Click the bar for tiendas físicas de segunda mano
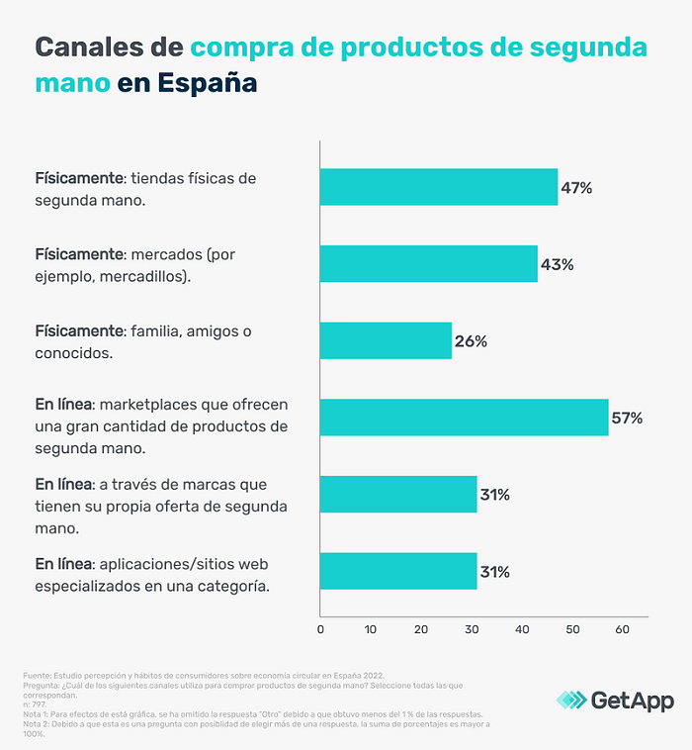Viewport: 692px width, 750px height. coord(438,187)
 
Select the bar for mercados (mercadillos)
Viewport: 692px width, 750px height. coord(428,264)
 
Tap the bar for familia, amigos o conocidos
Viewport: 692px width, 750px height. coord(386,341)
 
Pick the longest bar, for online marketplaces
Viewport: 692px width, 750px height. coord(464,418)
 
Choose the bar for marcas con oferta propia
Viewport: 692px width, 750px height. coord(398,495)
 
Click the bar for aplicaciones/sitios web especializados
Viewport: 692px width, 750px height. coord(398,571)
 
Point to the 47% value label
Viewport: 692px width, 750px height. coord(575,187)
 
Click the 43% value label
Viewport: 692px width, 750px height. coord(557,264)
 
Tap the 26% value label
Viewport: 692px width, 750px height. coord(471,341)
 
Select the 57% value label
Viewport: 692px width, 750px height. coord(627,418)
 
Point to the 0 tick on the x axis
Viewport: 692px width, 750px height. coord(320,628)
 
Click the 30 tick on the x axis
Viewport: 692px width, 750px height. coord(472,628)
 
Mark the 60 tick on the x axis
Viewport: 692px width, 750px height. coord(623,628)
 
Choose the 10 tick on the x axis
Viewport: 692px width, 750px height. coord(371,628)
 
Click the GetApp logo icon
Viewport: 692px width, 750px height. coord(569,701)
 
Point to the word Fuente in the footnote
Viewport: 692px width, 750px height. coord(37,675)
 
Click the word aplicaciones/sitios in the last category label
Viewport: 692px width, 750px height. coord(169,564)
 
